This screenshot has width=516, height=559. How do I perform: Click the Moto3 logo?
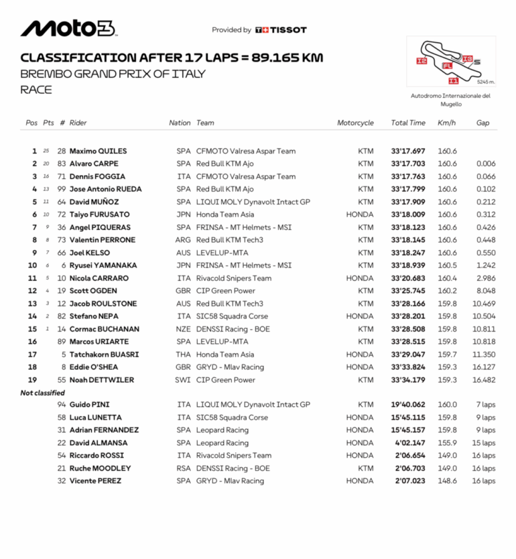coord(68,28)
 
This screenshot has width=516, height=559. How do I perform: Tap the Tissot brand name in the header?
coord(288,29)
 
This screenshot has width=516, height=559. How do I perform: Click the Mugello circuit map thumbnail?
coord(451,62)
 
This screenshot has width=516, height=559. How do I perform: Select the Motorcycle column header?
coord(355,123)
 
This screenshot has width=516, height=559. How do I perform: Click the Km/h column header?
coord(446,123)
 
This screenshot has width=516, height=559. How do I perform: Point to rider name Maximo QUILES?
coord(98,151)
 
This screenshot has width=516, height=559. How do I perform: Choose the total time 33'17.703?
coord(408,164)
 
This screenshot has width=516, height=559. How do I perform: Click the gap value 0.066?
coord(486,177)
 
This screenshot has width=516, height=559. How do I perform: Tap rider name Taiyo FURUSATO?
coord(100,214)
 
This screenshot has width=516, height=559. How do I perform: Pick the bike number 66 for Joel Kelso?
coord(62,253)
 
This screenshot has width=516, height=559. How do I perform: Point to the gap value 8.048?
coord(486,291)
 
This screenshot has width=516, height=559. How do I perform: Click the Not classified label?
coord(43,393)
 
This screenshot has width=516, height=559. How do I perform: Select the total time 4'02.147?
coord(410,443)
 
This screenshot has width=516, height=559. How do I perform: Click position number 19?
coord(32,380)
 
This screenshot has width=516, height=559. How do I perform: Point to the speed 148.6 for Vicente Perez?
coord(447,481)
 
